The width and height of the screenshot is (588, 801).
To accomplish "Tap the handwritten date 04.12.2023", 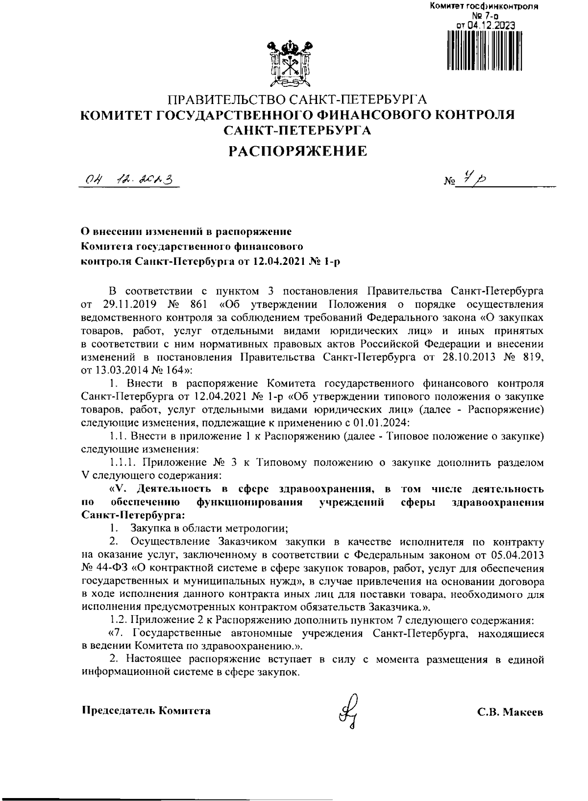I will point(129,181).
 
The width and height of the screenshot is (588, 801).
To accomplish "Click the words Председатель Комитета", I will point(146,710).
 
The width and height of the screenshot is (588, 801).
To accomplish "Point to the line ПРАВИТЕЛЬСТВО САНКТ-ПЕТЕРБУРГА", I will point(298,101).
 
